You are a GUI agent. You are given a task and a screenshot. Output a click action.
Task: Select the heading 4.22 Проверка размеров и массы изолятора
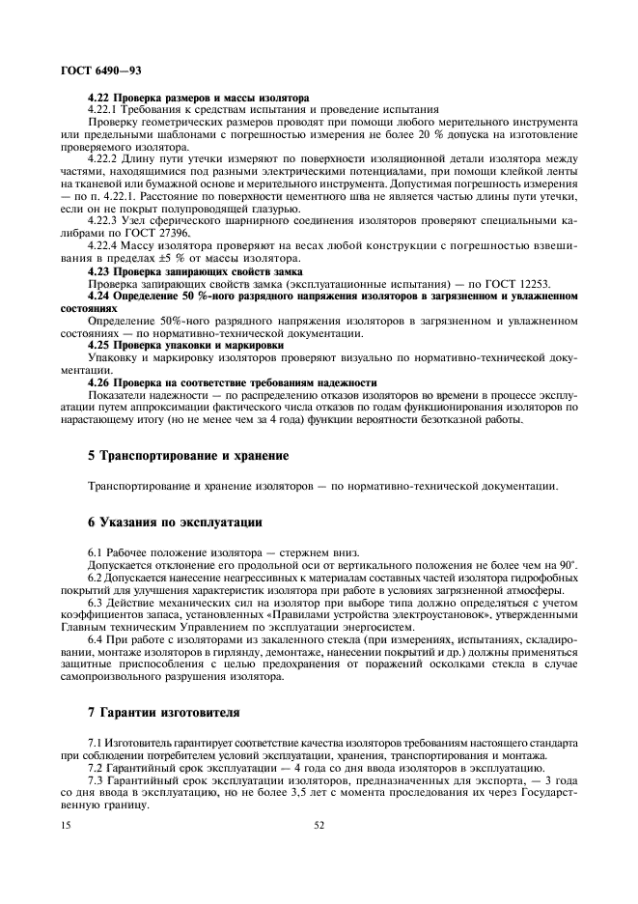pos(198,98)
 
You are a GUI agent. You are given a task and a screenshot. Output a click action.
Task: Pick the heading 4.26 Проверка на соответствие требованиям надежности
pos(232,382)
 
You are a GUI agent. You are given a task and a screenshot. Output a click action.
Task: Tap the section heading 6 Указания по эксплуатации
pos(175,523)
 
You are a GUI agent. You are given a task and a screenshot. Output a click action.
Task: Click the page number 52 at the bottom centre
pos(319,826)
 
